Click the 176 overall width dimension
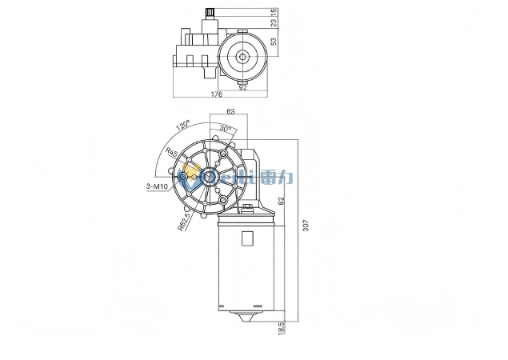pyautogui.click(x=216, y=94)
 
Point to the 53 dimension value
pyautogui.click(x=273, y=42)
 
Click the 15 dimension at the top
pyautogui.click(x=273, y=12)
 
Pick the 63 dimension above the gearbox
pyautogui.click(x=230, y=113)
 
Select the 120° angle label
pyautogui.click(x=183, y=126)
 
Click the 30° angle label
pyautogui.click(x=226, y=129)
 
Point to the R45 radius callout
pyautogui.click(x=171, y=154)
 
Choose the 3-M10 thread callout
pyautogui.click(x=157, y=186)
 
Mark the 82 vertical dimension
pyautogui.click(x=281, y=202)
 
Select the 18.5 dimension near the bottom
pyautogui.click(x=281, y=328)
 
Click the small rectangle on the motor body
pyautogui.click(x=247, y=238)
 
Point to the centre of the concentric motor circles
pyautogui.click(x=242, y=56)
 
